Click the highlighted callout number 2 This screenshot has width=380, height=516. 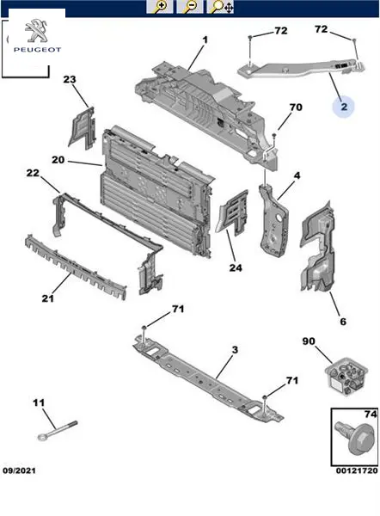click(x=344, y=107)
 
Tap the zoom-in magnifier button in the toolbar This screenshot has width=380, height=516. click(x=160, y=7)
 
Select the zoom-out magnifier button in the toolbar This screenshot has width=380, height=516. click(x=189, y=7)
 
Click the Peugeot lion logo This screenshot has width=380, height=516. click(x=36, y=31)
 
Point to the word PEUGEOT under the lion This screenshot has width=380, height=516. click(x=37, y=50)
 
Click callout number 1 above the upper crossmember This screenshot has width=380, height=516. click(x=205, y=40)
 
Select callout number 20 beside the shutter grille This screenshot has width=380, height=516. click(x=58, y=160)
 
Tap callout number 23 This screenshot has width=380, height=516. click(x=70, y=79)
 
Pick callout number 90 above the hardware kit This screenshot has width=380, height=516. click(x=309, y=341)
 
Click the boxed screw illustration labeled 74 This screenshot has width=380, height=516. click(x=355, y=439)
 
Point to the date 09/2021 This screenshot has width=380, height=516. click(x=19, y=470)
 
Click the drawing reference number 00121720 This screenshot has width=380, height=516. click(x=357, y=470)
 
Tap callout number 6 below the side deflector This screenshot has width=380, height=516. click(x=343, y=321)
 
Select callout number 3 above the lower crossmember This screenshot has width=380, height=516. click(x=235, y=350)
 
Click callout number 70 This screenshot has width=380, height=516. click(x=296, y=107)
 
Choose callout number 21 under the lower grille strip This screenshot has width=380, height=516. click(x=47, y=298)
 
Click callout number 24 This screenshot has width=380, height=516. click(x=236, y=267)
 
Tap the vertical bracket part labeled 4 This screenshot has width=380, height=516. click(x=274, y=222)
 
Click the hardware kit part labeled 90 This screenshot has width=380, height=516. click(x=346, y=376)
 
